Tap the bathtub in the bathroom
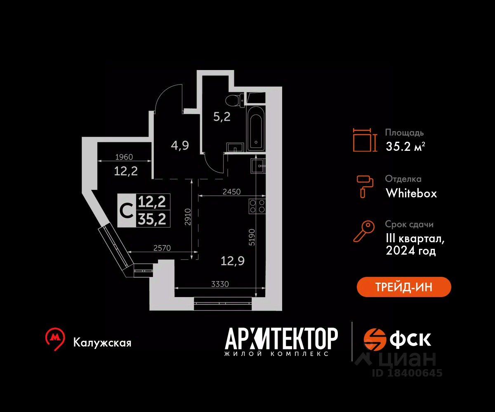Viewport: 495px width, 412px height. point(256,129)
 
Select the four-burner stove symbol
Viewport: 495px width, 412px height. point(257,206)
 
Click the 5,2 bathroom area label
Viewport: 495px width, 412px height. point(222,117)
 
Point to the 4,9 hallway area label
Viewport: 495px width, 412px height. point(180,145)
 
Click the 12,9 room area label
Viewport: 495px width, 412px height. point(232,261)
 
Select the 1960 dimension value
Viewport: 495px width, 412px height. point(124,157)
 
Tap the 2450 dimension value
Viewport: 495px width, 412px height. point(231,192)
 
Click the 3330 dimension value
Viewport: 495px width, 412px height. point(220,284)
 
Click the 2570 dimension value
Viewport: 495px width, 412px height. point(162,248)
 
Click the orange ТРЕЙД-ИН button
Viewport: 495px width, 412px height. point(404,287)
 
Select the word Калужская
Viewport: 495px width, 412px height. point(102,343)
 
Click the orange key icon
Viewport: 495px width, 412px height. point(364,231)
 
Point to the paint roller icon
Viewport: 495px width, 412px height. point(365,187)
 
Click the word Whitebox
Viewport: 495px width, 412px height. point(411,193)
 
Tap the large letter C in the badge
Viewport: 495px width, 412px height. point(126,211)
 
